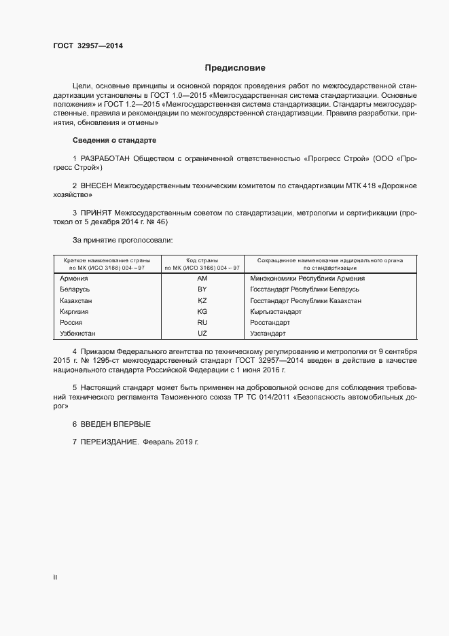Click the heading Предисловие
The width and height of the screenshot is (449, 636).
(x=235, y=68)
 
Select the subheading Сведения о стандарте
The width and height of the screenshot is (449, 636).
(x=114, y=140)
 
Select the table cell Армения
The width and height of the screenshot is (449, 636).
(x=73, y=279)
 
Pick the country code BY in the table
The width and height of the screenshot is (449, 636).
(x=202, y=289)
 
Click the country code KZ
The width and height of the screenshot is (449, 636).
(x=202, y=300)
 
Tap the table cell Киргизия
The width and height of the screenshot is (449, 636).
(x=75, y=311)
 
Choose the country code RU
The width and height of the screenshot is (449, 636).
(x=202, y=323)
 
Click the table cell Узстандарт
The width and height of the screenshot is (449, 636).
(x=268, y=334)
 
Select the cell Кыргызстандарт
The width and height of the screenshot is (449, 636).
(x=276, y=311)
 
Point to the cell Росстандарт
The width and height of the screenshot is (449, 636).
(x=270, y=323)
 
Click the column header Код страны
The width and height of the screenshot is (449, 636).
(x=202, y=260)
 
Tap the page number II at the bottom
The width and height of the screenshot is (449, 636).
(x=55, y=578)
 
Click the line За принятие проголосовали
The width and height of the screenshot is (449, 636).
(x=122, y=240)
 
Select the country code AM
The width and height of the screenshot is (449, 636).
(x=202, y=279)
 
